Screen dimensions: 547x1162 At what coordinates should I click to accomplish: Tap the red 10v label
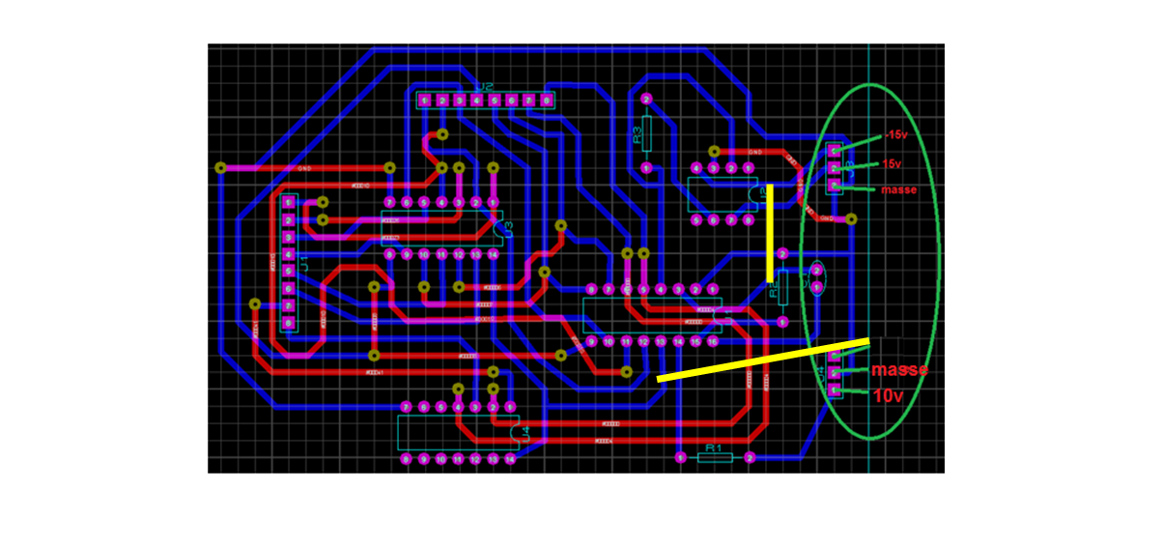point(890,395)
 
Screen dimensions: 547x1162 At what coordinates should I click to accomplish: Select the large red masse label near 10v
point(899,370)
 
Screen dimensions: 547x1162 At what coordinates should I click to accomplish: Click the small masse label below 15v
point(897,189)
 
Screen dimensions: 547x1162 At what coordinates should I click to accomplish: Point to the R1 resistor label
point(714,448)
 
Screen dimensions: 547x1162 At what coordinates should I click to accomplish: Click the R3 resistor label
point(638,134)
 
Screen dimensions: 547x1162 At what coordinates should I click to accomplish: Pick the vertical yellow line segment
point(771,232)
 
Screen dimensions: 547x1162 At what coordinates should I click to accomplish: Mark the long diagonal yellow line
point(763,360)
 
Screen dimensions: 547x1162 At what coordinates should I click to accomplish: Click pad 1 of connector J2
point(424,101)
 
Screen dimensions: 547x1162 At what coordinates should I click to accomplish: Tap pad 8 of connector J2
point(547,101)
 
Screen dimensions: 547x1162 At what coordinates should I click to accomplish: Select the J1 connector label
point(302,264)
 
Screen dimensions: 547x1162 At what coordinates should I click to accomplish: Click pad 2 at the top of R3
point(646,100)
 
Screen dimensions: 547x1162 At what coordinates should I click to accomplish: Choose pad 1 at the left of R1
point(680,458)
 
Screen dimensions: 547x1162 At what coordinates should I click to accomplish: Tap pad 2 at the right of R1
point(749,458)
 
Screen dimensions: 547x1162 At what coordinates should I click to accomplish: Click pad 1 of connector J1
point(287,202)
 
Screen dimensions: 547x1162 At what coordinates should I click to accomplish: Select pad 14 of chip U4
point(510,459)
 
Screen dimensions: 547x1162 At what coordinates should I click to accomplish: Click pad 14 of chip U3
point(493,255)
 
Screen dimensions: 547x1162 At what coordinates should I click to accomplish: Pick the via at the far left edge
point(220,168)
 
